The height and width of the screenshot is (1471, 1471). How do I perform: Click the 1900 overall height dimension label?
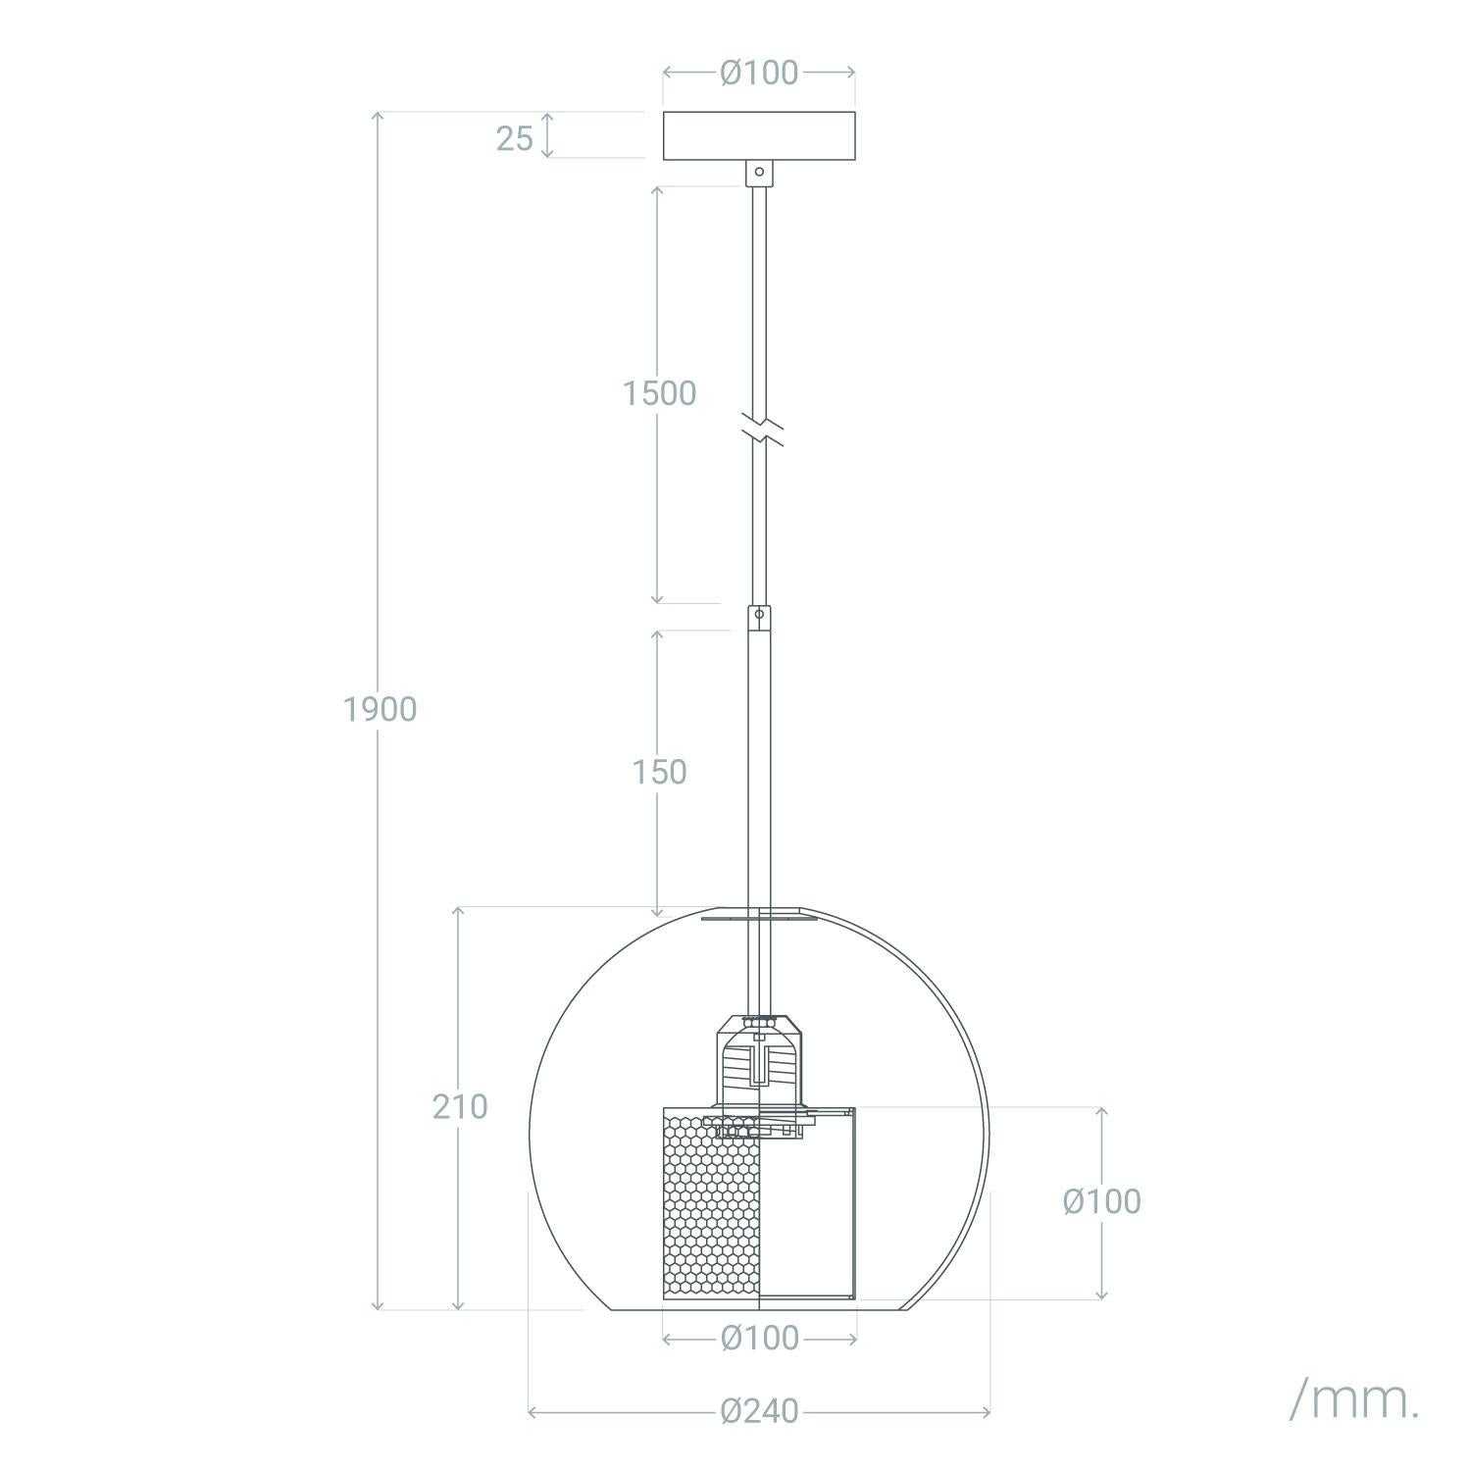380,708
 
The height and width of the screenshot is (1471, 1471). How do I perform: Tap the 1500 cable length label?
659,393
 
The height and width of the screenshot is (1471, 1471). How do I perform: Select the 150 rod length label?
659,773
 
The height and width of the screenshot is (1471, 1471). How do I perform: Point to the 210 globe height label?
460,1106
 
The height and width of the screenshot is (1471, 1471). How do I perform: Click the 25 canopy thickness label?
514,138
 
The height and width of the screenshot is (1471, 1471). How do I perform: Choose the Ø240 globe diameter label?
759,1411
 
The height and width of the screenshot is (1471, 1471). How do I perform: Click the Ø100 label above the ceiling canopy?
759,73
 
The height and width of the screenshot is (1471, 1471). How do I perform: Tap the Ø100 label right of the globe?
1102,1201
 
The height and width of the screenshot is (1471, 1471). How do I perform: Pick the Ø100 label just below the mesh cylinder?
759,1338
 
